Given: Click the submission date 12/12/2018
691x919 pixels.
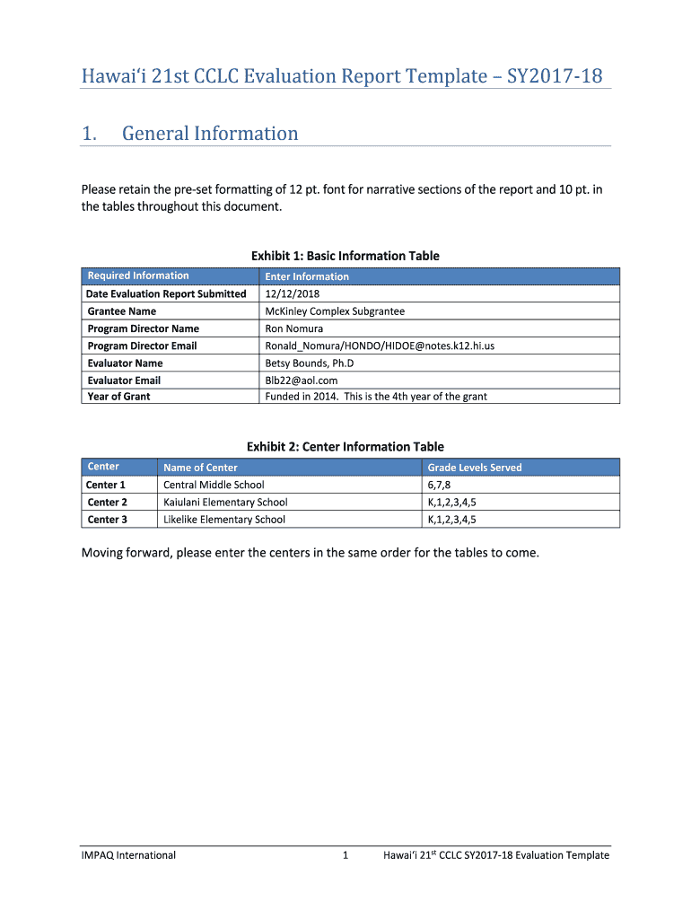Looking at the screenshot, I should tap(293, 293).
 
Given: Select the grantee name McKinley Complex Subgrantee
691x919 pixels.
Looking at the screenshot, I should tap(335, 311).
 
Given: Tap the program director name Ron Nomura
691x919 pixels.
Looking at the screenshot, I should tap(294, 328).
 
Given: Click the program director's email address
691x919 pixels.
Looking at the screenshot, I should tap(380, 346).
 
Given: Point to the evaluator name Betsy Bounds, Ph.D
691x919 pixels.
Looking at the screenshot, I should tap(310, 363).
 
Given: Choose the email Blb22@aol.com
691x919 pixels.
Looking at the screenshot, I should tap(302, 380).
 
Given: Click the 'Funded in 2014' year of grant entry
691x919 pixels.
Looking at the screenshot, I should tap(376, 396).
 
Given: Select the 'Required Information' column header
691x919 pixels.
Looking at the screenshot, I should tap(138, 276).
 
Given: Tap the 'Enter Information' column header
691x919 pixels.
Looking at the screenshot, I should tap(307, 276).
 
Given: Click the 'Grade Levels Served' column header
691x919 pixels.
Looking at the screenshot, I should tap(475, 468).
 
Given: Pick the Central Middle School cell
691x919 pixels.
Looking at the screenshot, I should tap(214, 485).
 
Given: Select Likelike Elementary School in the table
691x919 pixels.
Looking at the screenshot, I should tap(224, 519).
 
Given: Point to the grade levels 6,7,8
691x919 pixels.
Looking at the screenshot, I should tap(440, 485).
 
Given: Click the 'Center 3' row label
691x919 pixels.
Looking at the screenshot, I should tap(107, 519).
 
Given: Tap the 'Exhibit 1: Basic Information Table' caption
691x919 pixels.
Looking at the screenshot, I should tap(345, 256).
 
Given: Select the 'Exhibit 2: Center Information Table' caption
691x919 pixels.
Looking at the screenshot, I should tap(345, 447).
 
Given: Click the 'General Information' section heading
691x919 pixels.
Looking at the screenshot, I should tap(210, 134).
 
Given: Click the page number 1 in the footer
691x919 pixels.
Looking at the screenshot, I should tap(345, 855).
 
